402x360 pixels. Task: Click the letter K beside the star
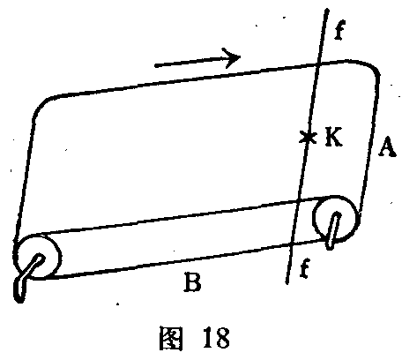click(333, 137)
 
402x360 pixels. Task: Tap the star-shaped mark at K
click(308, 137)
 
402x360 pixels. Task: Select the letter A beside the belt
click(386, 147)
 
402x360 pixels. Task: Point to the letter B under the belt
click(192, 281)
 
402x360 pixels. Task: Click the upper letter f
click(339, 30)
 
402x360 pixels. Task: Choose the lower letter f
click(305, 267)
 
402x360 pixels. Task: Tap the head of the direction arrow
click(240, 56)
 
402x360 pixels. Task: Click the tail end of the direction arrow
click(156, 65)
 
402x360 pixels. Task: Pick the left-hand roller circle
click(38, 257)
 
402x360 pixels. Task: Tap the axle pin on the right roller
click(334, 230)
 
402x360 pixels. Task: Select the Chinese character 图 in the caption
click(171, 338)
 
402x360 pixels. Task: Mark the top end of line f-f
click(328, 11)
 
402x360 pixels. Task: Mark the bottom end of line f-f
click(287, 283)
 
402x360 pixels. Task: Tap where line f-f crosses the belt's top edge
click(318, 64)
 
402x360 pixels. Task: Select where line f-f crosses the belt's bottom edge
click(292, 244)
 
